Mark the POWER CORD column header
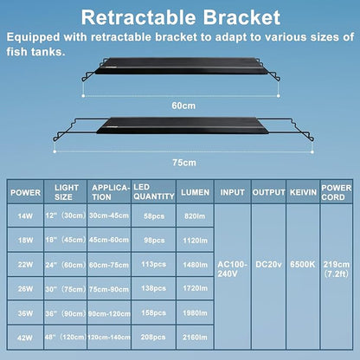click(x=336, y=191)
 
